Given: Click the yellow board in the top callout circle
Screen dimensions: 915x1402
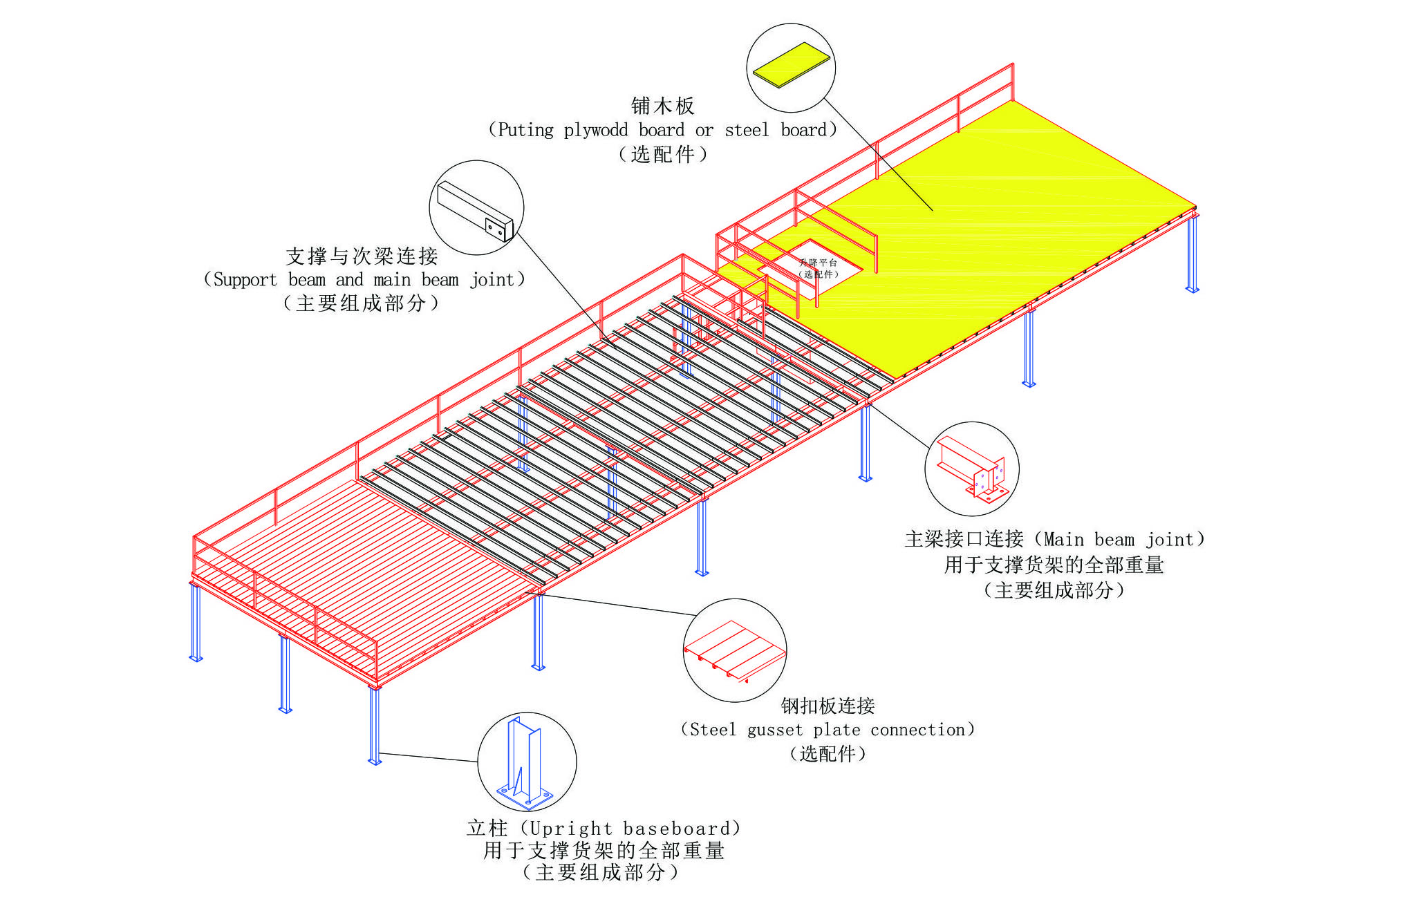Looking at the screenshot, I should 791,64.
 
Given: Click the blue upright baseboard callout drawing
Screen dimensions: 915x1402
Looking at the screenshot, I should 525,764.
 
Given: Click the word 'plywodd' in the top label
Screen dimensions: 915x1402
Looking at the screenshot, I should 595,131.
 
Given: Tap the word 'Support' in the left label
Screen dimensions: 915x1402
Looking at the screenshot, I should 245,280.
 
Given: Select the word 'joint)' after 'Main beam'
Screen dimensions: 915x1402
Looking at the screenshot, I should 1175,540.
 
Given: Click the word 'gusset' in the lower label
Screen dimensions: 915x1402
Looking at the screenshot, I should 774,730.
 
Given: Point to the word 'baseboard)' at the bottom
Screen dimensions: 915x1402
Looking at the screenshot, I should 682,829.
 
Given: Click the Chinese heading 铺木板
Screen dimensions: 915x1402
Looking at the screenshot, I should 662,106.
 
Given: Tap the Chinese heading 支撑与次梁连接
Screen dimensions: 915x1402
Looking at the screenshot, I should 362,256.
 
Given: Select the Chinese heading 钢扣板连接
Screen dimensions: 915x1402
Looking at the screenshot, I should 828,706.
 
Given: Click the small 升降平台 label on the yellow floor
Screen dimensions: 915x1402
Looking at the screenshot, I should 818,263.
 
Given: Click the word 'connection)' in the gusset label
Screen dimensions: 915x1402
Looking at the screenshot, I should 922,730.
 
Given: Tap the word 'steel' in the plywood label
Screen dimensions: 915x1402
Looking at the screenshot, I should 747,131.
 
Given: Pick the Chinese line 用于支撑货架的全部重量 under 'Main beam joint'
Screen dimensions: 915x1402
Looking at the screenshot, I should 1054,565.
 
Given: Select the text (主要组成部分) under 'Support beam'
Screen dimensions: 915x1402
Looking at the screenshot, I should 362,303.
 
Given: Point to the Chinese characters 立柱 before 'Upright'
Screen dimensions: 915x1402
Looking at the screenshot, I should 487,828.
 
